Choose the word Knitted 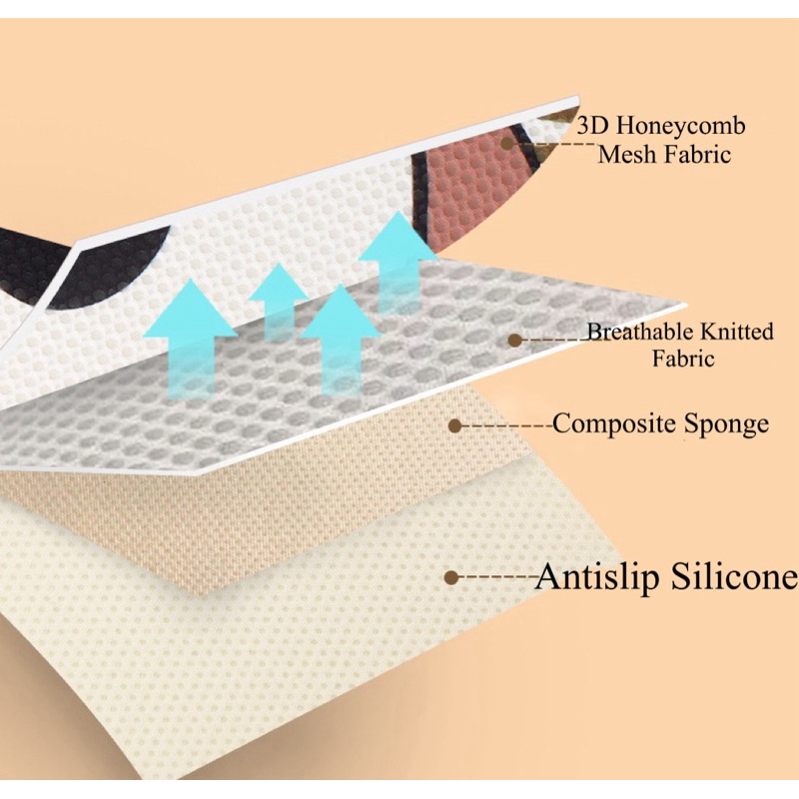point(737,332)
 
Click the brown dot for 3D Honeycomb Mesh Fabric point(508,144)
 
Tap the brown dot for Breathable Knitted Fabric point(514,341)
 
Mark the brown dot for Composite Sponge point(454,425)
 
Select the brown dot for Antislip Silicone point(451,577)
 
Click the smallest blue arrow point(278,300)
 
